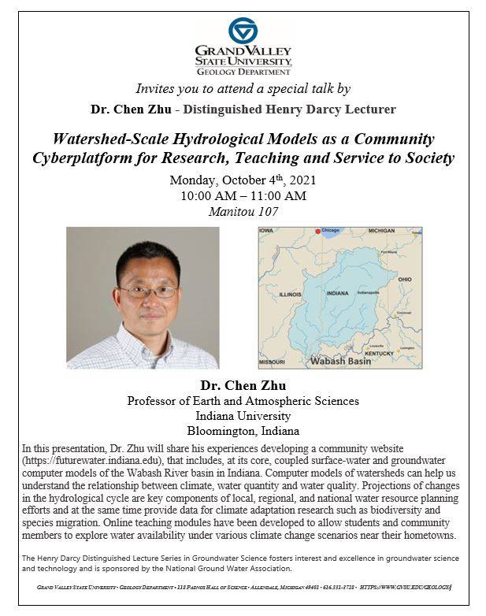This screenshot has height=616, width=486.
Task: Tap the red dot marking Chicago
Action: (317, 232)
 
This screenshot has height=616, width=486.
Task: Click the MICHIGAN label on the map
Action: (381, 232)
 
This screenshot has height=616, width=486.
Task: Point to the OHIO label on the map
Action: (404, 279)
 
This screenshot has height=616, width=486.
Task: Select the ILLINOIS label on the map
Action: (291, 294)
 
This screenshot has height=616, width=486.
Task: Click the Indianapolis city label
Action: (369, 291)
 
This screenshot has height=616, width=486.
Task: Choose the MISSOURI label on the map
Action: (273, 362)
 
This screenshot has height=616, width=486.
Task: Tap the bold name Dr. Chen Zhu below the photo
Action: (243, 386)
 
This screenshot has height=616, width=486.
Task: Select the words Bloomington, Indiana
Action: (243, 431)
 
